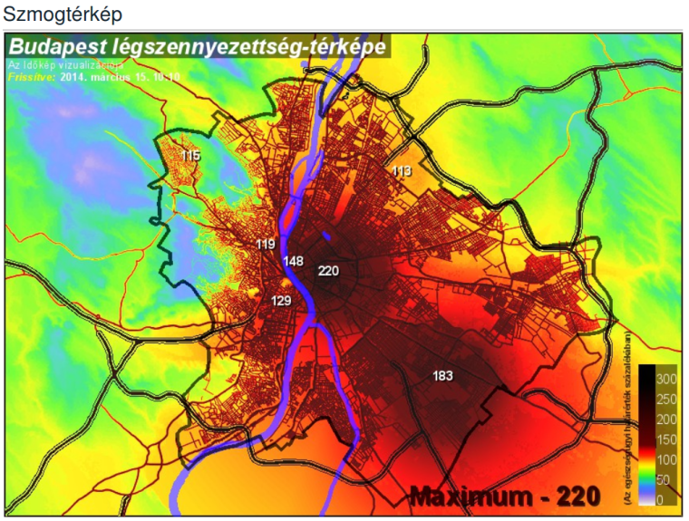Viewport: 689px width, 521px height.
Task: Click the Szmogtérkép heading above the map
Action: pos(63,14)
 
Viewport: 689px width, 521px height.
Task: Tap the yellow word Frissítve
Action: pos(31,77)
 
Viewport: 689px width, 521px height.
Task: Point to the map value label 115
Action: pos(189,156)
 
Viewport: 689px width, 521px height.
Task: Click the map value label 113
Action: pos(402,170)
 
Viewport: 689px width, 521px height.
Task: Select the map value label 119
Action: pos(266,245)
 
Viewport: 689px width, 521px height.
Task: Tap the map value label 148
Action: pos(294,261)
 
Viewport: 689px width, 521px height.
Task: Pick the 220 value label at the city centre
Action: pos(328,270)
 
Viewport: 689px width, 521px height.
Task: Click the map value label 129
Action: pos(281,300)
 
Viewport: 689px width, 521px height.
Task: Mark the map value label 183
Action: pos(443,375)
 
